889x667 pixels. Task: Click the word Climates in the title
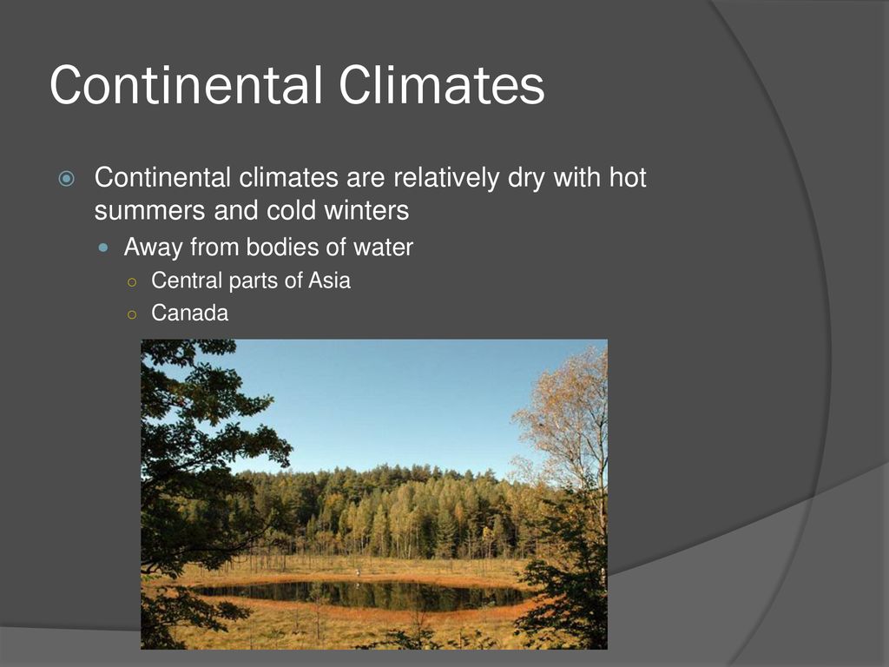[x=442, y=84]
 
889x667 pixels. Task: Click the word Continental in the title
[x=186, y=84]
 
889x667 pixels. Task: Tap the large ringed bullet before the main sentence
[x=66, y=179]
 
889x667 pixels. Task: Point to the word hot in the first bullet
[x=628, y=177]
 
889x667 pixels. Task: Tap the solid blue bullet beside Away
[x=103, y=248]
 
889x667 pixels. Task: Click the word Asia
[x=329, y=281]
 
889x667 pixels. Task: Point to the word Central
[x=187, y=281]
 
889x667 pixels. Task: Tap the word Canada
[x=190, y=313]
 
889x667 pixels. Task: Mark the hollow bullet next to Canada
[x=132, y=314]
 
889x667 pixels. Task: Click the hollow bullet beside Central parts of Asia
[x=132, y=282]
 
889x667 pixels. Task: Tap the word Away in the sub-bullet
[x=153, y=248]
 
